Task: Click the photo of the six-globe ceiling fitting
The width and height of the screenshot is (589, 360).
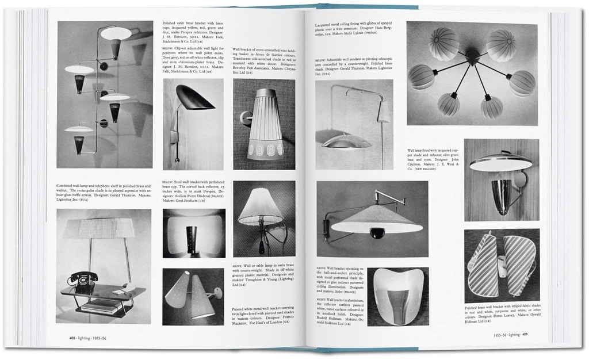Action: tap(472, 74)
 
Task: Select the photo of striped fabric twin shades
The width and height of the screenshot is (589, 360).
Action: tap(502, 265)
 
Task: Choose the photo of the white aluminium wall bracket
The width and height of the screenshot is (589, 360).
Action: tap(397, 296)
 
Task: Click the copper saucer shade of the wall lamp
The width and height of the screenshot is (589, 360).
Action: tap(500, 163)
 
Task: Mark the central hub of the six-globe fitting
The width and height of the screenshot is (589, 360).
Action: tap(472, 55)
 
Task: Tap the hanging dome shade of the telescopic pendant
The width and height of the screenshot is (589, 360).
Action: tap(346, 141)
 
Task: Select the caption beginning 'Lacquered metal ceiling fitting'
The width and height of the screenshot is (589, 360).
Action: tap(351, 29)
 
